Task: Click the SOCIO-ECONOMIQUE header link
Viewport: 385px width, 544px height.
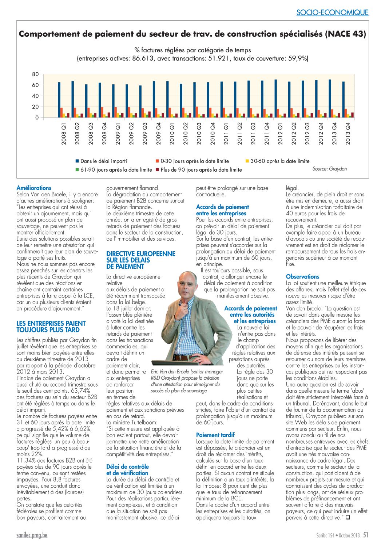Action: (332, 12)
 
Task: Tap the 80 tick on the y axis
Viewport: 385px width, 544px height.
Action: (35, 74)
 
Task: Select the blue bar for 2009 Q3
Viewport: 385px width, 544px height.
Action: (140, 101)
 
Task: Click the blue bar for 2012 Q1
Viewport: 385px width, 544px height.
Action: (275, 98)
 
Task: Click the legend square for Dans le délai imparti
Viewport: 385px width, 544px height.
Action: (77, 161)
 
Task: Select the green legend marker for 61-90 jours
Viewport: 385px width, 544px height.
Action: (77, 170)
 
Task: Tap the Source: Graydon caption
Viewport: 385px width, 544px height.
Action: (330, 169)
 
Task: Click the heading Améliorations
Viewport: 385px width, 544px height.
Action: (34, 188)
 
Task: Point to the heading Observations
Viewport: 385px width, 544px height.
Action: (303, 277)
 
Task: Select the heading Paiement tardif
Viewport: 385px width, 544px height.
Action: (215, 435)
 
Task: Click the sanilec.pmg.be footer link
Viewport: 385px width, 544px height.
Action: (32, 535)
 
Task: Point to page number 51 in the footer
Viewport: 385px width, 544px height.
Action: (366, 535)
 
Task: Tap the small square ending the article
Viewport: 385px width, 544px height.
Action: (348, 518)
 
